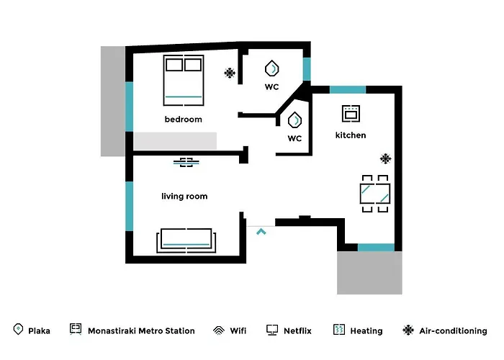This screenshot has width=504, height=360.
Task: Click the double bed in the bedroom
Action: click(x=184, y=81)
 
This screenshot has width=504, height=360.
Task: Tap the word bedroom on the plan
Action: click(x=183, y=120)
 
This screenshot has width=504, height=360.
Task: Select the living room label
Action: click(x=184, y=197)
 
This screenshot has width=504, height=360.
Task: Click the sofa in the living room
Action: click(x=186, y=240)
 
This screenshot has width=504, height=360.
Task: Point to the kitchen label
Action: click(x=351, y=135)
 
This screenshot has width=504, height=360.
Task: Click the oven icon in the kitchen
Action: click(x=351, y=114)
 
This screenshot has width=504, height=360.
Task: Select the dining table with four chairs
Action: click(x=375, y=194)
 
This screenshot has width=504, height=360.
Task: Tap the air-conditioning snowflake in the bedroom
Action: click(x=230, y=73)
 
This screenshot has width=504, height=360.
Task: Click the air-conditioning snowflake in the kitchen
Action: click(x=385, y=158)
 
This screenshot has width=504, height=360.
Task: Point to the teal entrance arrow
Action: click(x=261, y=231)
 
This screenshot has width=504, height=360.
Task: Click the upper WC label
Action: click(x=271, y=87)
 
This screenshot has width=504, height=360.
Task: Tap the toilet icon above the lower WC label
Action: click(x=294, y=120)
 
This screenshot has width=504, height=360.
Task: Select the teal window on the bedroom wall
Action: click(x=129, y=107)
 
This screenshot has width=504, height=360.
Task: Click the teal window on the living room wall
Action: click(x=129, y=206)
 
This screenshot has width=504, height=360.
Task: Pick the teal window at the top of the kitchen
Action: click(x=348, y=90)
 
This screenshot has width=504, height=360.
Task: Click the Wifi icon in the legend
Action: click(x=219, y=330)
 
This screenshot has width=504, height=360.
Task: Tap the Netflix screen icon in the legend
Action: click(x=272, y=330)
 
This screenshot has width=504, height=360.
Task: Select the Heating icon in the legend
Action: click(x=339, y=330)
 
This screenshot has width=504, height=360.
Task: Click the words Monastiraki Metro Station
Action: click(x=141, y=330)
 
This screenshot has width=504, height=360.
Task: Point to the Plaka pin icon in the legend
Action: click(x=18, y=329)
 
